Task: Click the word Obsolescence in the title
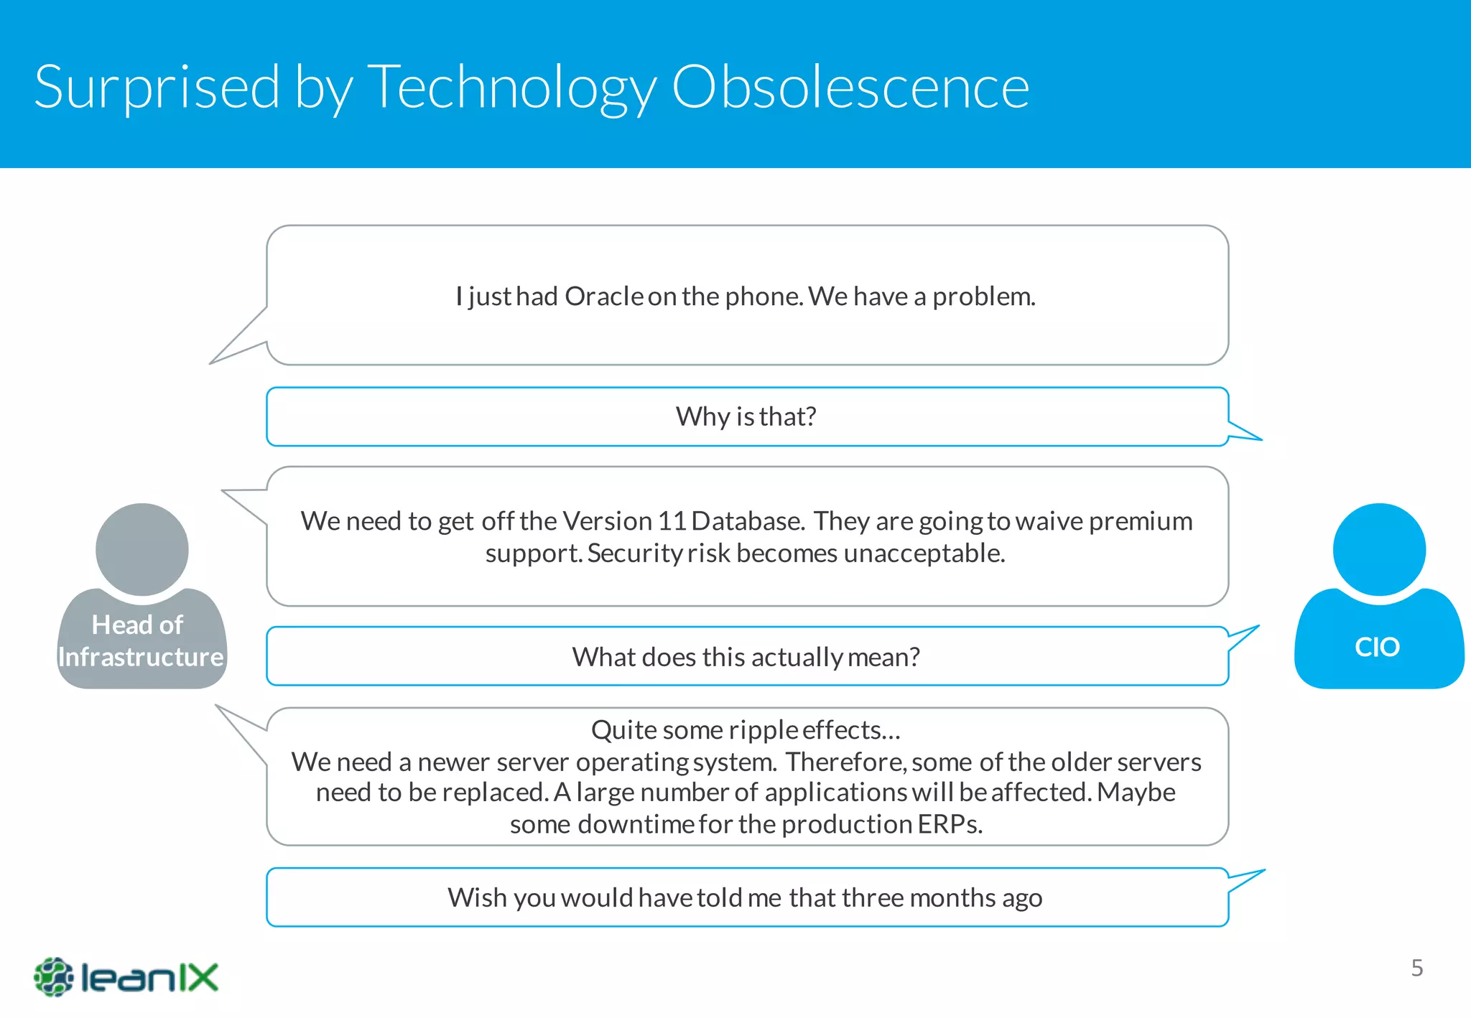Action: pos(850,87)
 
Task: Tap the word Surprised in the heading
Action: pos(157,87)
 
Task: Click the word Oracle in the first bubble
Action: pos(603,296)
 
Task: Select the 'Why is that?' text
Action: pos(746,417)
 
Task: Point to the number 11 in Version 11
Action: pos(672,521)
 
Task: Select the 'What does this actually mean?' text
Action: pos(746,657)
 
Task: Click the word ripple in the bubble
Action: pos(763,730)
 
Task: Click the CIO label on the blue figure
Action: pos(1377,648)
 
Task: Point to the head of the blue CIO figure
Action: pos(1379,549)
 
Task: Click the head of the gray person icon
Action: pos(142,549)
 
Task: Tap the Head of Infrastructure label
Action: pos(141,641)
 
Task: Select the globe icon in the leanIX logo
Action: pos(53,977)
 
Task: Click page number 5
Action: pos(1416,968)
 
